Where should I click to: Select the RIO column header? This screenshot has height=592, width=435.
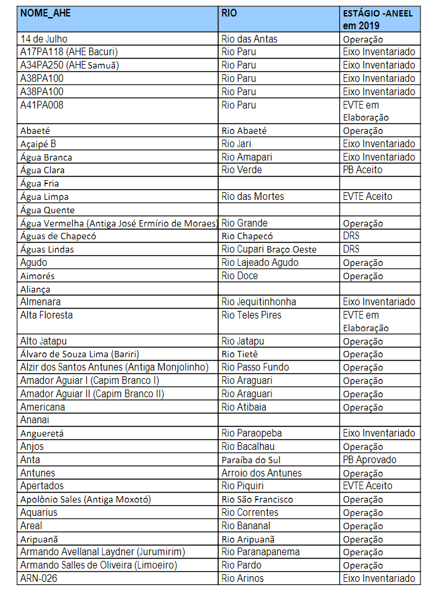tap(230, 13)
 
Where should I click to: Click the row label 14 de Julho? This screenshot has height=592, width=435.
tap(44, 39)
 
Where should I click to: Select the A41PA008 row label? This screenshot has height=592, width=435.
tap(42, 105)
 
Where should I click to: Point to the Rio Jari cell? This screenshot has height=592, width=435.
tap(237, 144)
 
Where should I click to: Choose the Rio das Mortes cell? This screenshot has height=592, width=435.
tap(253, 197)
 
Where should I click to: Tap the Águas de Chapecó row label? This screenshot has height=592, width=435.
tap(58, 236)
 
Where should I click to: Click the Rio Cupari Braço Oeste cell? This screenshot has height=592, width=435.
tap(269, 249)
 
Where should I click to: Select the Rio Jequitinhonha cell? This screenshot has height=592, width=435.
tap(259, 302)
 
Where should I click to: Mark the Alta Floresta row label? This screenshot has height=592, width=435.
tap(46, 315)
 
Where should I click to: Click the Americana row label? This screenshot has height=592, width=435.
tap(42, 407)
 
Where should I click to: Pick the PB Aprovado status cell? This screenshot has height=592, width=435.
tap(370, 459)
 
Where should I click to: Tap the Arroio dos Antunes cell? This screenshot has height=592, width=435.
tap(261, 473)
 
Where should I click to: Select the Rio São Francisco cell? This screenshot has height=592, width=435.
tap(261, 499)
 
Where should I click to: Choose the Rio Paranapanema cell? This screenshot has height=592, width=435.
tap(261, 552)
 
